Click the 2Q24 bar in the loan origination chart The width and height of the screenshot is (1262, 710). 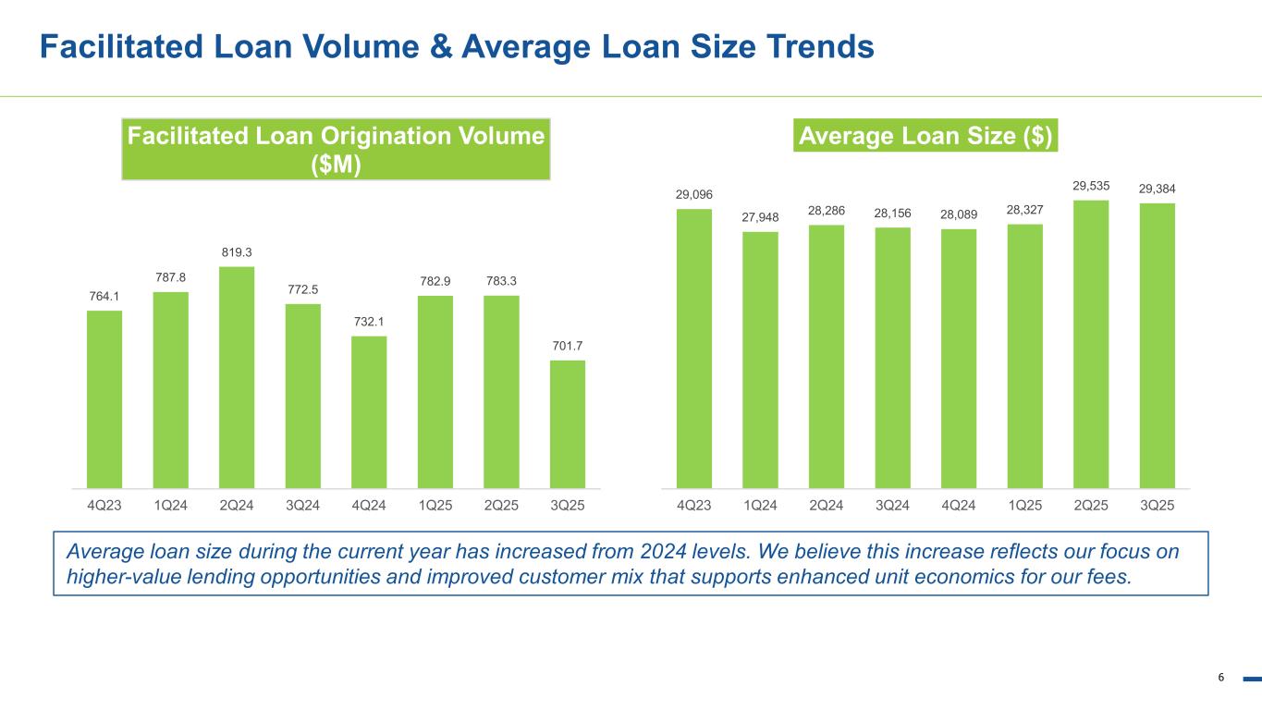click(237, 376)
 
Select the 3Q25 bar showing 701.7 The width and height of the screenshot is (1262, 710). click(567, 422)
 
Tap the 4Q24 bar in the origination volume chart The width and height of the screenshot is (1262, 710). click(369, 410)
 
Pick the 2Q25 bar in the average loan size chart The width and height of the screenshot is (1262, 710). click(1091, 343)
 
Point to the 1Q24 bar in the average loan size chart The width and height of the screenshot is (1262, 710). click(760, 359)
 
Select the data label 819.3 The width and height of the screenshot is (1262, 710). click(237, 251)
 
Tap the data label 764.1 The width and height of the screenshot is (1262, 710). click(104, 296)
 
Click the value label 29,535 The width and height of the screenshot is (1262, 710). click(1091, 186)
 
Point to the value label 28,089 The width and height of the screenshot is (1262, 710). click(959, 214)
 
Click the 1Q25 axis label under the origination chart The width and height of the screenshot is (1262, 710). click(435, 506)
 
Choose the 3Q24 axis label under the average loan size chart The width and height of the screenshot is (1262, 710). click(892, 506)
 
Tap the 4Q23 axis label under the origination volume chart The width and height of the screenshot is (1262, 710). click(104, 506)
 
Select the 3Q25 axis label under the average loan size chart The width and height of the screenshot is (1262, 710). click(1157, 506)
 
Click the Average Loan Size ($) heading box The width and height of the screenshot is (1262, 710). click(925, 136)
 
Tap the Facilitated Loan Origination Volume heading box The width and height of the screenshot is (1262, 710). click(336, 148)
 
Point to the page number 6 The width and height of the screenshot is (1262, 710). click(1220, 678)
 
